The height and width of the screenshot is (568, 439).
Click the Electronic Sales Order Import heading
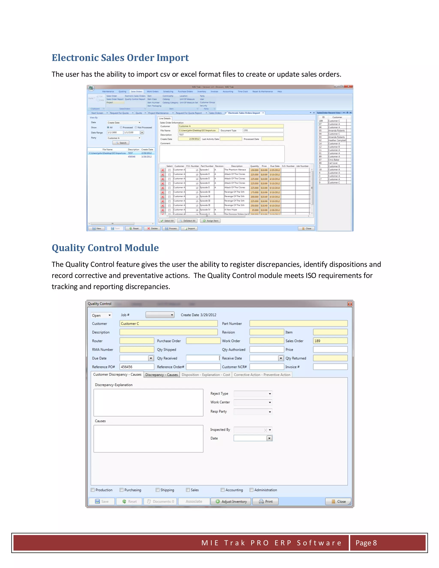[x=120, y=58]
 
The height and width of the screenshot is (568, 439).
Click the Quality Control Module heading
[x=105, y=248]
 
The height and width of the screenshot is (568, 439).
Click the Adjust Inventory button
[x=231, y=501]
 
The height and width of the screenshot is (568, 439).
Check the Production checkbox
[x=93, y=490]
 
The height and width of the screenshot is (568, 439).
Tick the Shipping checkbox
[x=158, y=490]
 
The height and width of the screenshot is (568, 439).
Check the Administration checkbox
[x=251, y=490]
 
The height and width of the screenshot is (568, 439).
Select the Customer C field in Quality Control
[x=168, y=323]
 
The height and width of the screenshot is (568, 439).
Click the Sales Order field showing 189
[x=330, y=341]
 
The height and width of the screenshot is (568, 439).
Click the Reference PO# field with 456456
[x=137, y=367]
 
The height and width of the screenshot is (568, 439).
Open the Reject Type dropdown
[x=253, y=394]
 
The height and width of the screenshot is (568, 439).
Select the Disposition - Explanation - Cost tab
[x=206, y=375]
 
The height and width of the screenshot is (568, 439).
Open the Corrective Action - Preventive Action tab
[x=262, y=375]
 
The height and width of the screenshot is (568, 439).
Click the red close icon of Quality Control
[x=350, y=304]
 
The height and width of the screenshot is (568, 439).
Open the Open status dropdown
[x=101, y=316]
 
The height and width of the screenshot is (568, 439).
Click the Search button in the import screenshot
[x=121, y=143]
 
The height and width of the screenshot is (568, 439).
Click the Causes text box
[x=148, y=439]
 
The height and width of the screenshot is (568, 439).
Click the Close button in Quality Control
[x=338, y=501]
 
